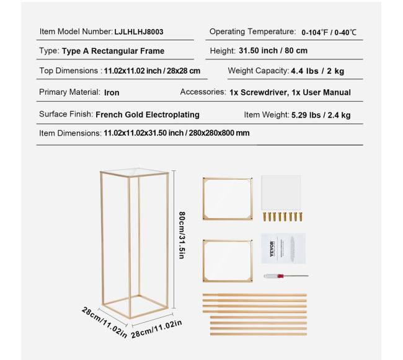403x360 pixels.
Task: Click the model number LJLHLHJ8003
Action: [x=139, y=31]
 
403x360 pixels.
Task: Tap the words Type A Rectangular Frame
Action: [x=113, y=51]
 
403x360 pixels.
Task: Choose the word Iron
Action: [x=112, y=92]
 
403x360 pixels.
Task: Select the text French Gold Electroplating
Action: [x=148, y=115]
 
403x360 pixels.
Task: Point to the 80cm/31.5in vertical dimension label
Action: [x=182, y=235]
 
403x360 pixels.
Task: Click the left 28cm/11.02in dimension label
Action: [x=104, y=322]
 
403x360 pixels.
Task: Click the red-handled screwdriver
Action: [x=277, y=276]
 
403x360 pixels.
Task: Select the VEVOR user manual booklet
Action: [x=275, y=248]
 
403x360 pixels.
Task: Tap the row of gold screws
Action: [x=282, y=217]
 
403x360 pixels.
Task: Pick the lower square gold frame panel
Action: [x=228, y=260]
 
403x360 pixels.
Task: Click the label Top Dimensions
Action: [x=69, y=71]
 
